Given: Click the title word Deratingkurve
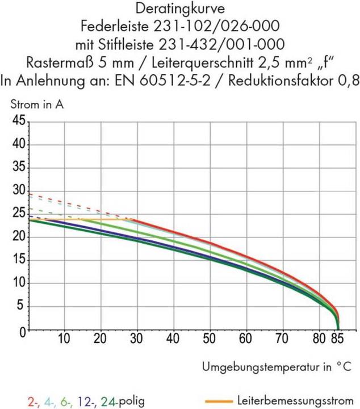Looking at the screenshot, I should [x=179, y=9].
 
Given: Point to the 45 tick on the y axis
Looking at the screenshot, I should [x=18, y=121].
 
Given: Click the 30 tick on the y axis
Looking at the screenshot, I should [x=18, y=191].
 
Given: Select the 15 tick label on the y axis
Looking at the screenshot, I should [x=18, y=260].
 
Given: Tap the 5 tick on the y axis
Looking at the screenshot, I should [x=22, y=307].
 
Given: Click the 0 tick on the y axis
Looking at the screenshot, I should [x=22, y=331].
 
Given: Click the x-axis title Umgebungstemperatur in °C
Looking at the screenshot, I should [x=277, y=367].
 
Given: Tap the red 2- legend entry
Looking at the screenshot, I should [x=34, y=400].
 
